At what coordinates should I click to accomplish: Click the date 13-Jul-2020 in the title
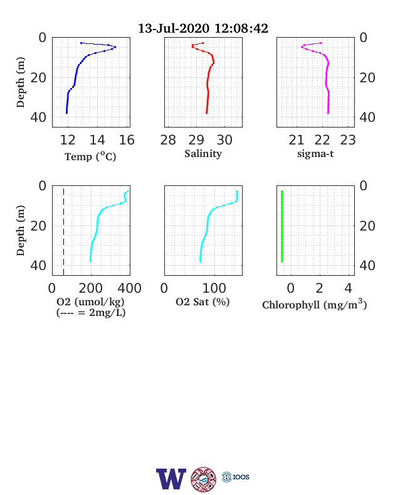(174, 28)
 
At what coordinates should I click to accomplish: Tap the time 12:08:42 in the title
(241, 28)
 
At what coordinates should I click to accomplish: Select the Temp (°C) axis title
(90, 156)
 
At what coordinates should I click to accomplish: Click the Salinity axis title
(203, 154)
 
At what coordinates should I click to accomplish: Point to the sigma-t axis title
(315, 154)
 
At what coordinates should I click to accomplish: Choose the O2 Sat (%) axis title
(203, 302)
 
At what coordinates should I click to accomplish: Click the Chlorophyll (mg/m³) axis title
(315, 304)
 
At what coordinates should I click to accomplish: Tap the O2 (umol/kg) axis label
(90, 302)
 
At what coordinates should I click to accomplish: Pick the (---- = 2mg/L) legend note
(91, 313)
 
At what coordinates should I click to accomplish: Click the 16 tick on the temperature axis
(127, 140)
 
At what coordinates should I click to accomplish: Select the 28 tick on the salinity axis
(168, 140)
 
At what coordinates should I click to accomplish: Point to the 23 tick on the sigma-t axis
(348, 140)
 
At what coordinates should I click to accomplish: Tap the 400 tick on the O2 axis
(129, 288)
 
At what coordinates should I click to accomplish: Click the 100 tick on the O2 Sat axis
(214, 288)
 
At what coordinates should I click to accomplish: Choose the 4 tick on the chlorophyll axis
(348, 288)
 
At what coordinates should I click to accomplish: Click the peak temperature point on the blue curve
(115, 47)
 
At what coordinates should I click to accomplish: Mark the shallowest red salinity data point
(203, 43)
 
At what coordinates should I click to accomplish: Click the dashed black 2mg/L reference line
(63, 232)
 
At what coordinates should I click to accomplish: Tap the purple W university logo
(171, 479)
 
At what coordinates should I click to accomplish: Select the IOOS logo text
(241, 477)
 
